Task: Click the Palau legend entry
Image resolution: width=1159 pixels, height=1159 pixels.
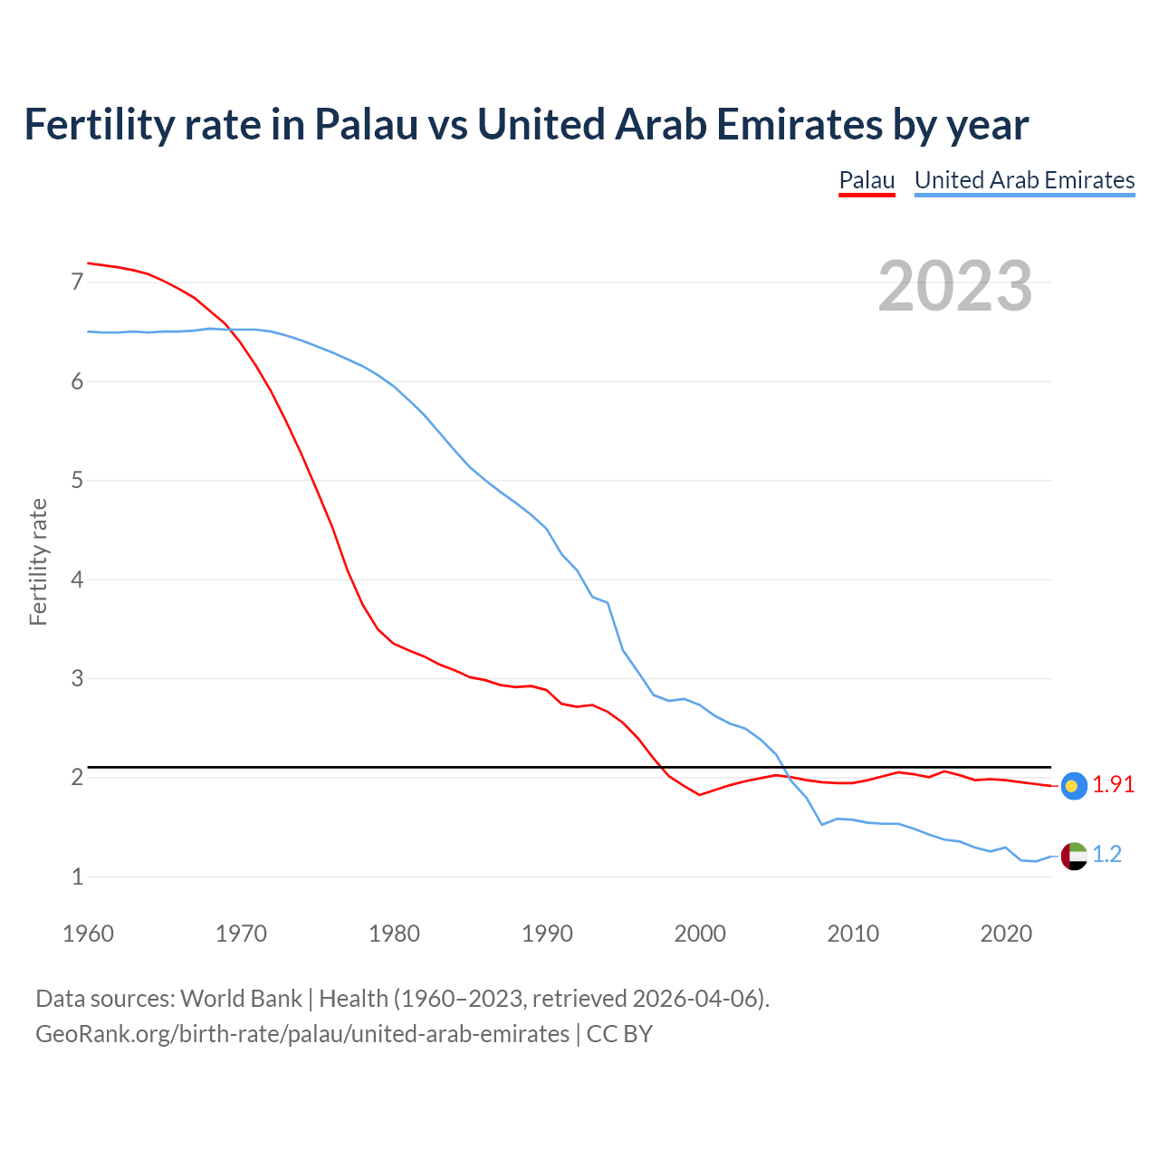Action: pos(867,180)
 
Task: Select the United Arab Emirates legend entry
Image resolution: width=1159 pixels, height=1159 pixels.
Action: pos(1024,180)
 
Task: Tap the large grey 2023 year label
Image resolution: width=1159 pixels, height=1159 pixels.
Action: pos(955,286)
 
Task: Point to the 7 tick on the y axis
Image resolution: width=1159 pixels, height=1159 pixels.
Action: pos(77,283)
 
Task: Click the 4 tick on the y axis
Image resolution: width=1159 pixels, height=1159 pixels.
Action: pos(77,579)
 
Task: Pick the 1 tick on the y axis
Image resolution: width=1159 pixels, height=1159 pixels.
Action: pos(77,876)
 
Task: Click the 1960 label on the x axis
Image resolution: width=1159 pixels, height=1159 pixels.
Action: pos(88,934)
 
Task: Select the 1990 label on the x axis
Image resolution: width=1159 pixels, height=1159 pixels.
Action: pos(547,934)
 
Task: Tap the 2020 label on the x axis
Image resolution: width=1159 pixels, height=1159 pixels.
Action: pos(1006,934)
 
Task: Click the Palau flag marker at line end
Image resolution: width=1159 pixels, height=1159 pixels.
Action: pos(1074,785)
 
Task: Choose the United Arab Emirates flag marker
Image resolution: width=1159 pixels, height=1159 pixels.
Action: pos(1074,855)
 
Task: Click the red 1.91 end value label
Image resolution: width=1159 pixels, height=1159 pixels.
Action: pos(1113,785)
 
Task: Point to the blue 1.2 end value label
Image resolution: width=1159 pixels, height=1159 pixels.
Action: pos(1106,855)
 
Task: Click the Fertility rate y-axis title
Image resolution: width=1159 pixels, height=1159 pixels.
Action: pos(38,561)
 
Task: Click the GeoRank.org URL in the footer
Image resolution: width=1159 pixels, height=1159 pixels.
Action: pos(302,1034)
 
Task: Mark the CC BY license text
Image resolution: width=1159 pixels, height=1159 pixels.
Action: pos(619,1034)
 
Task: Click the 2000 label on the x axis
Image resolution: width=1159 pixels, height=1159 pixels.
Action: pos(700,934)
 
